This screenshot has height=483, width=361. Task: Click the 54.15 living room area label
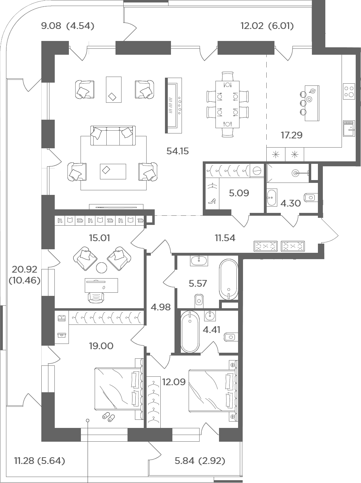[178, 151]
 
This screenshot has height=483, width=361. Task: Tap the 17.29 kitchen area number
[292, 135]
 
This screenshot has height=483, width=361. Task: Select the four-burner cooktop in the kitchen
[349, 91]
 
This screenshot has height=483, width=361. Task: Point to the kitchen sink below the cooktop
[349, 129]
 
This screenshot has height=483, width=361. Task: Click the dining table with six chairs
[227, 105]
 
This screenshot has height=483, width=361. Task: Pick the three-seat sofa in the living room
[113, 136]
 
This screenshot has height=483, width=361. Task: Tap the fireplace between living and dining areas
[173, 106]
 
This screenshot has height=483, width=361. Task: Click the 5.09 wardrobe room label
[239, 193]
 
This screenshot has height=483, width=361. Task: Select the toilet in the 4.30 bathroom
[311, 198]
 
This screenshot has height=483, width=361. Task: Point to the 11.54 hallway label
[225, 238]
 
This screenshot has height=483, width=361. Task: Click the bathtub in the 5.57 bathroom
[229, 279]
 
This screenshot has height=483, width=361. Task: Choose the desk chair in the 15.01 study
[96, 297]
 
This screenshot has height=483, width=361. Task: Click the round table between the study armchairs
[101, 268]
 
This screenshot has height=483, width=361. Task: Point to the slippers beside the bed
[108, 416]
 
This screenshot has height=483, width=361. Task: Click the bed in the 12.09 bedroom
[213, 390]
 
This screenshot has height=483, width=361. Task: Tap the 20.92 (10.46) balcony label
[24, 275]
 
